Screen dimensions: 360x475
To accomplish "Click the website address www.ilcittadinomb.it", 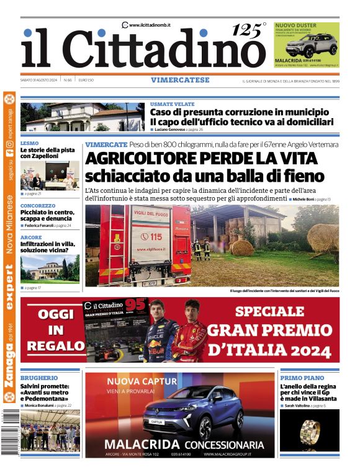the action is [150, 24].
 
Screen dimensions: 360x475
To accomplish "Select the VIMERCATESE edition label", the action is [180, 80].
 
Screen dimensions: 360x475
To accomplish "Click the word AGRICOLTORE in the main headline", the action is [147, 159].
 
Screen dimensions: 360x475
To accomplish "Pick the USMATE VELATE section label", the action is [173, 104].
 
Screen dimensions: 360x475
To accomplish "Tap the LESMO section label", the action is [29, 142].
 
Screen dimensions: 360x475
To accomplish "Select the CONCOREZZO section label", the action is [38, 205].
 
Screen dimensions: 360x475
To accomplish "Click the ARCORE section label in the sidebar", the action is [31, 238].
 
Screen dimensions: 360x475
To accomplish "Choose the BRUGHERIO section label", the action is [39, 378].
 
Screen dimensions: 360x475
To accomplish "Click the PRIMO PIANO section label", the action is [302, 378].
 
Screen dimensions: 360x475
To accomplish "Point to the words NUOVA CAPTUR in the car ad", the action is [142, 381].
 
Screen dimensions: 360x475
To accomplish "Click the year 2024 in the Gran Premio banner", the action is [305, 352].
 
